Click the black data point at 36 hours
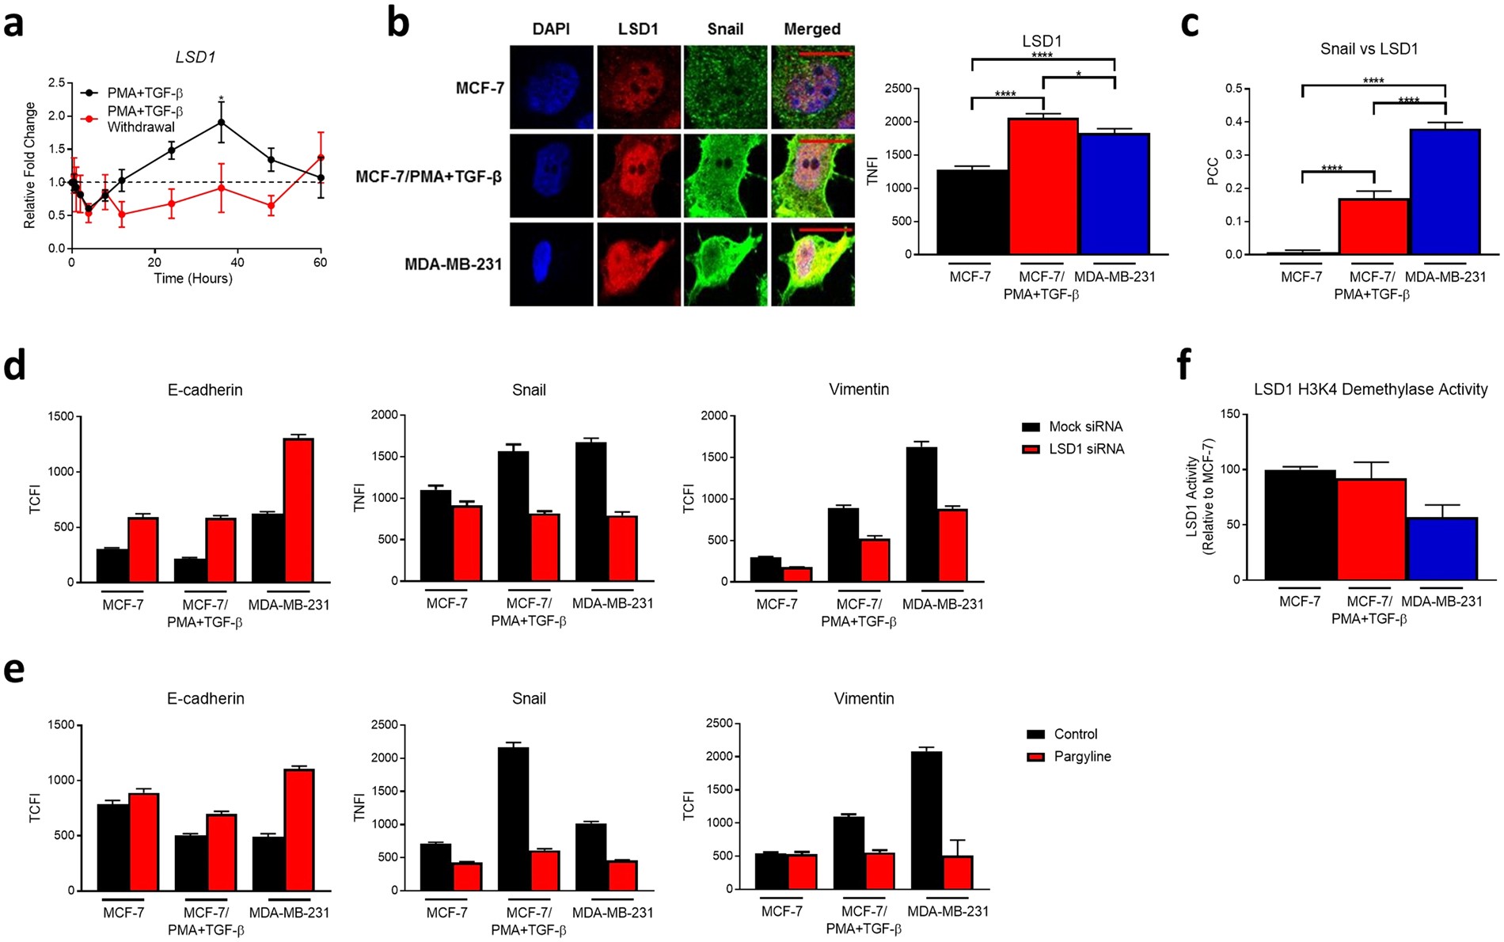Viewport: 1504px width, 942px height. pyautogui.click(x=222, y=123)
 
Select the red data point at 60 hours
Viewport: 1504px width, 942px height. pyautogui.click(x=321, y=158)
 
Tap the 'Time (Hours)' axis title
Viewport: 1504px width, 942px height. pyautogui.click(x=193, y=279)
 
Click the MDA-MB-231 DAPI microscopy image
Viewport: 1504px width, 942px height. pyautogui.click(x=551, y=264)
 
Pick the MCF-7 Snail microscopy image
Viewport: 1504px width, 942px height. pyautogui.click(x=725, y=87)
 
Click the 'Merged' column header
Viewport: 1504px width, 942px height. pyautogui.click(x=812, y=29)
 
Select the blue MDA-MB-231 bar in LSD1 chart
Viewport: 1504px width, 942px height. pyautogui.click(x=1114, y=194)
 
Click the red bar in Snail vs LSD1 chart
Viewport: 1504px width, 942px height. pyautogui.click(x=1373, y=226)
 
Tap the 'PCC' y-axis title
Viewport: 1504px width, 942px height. pyautogui.click(x=1213, y=172)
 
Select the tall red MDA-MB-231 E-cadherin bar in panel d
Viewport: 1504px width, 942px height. pyautogui.click(x=299, y=511)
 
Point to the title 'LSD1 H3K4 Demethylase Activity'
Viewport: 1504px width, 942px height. pyautogui.click(x=1370, y=389)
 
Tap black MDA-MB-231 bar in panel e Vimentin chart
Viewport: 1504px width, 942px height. pyautogui.click(x=926, y=820)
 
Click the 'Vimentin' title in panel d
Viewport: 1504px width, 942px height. pyautogui.click(x=859, y=389)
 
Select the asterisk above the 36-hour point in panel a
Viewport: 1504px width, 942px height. pyautogui.click(x=222, y=100)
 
